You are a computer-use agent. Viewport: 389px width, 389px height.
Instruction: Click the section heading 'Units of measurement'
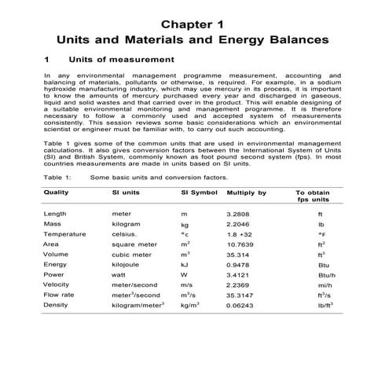tap(121, 59)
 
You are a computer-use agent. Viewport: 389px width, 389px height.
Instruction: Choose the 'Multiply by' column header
tap(247, 192)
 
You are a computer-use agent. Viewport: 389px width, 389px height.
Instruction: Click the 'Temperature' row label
tap(65, 233)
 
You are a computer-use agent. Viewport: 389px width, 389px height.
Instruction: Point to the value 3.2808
tap(239, 213)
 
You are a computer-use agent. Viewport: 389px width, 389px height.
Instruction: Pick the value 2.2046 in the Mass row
tap(239, 223)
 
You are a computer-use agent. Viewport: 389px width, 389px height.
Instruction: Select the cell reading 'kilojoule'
tap(130, 264)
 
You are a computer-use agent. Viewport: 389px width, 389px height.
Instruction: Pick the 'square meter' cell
tap(136, 244)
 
